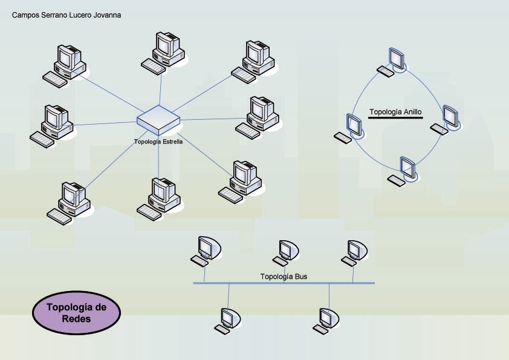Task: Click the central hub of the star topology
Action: coord(158,119)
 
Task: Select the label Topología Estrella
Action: coord(158,141)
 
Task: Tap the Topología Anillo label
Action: coord(395,112)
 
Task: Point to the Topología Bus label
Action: coord(284,277)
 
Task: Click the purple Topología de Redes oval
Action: coord(76,312)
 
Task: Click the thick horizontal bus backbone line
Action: coord(284,283)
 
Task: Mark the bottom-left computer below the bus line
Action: coord(227,320)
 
